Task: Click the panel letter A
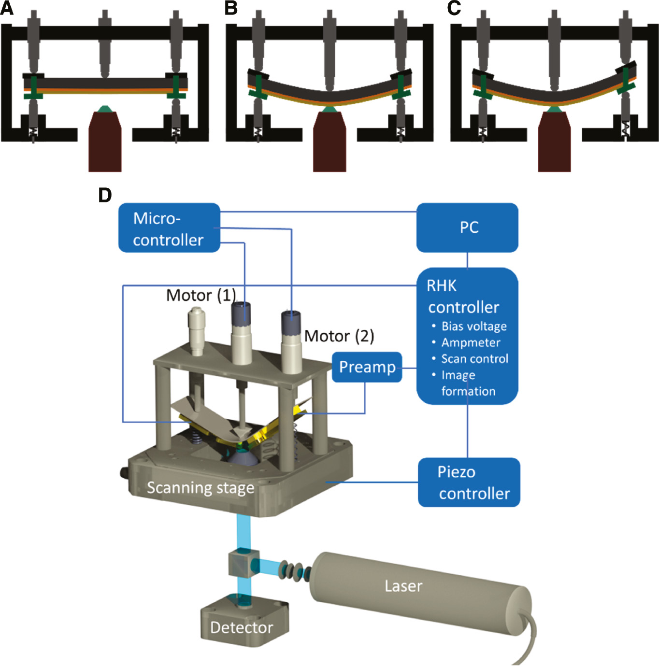point(7,8)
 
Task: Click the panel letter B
point(231,8)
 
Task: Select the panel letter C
point(454,8)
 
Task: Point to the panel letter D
point(105,195)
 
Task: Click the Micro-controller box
point(169,228)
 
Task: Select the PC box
point(467,227)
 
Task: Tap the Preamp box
point(367,367)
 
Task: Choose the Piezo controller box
point(469,483)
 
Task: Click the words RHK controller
point(463,297)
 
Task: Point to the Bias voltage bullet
point(473,326)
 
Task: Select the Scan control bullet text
point(474,359)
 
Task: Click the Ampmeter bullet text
point(471,343)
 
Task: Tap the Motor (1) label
point(201,295)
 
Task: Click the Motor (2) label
point(339,336)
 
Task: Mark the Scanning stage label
point(201,488)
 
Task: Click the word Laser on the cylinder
point(403,586)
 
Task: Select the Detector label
point(242,627)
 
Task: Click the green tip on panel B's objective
point(329,110)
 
